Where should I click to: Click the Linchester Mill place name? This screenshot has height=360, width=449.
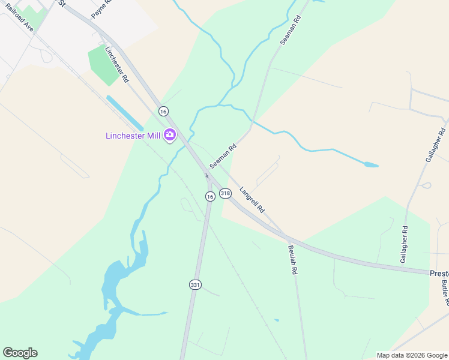tap(133, 136)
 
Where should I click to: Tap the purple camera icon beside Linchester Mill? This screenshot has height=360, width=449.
tap(169, 134)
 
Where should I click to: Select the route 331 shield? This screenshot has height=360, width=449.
tap(195, 285)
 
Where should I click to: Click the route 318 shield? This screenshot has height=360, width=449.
tap(225, 193)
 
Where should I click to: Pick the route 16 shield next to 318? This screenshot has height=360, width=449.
tap(209, 196)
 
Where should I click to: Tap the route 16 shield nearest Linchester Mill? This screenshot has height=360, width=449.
tap(163, 111)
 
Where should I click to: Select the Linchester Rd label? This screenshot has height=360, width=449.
tap(117, 64)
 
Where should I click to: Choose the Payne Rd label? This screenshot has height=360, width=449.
tap(101, 7)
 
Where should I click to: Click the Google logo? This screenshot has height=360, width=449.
tap(20, 353)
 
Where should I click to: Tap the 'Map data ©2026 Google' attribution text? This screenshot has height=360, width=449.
tap(411, 355)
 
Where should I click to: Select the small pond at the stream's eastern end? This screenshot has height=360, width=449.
tap(370, 164)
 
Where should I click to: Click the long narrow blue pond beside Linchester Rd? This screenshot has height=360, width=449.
tap(124, 112)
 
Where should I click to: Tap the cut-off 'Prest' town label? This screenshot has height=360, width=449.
tap(439, 273)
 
